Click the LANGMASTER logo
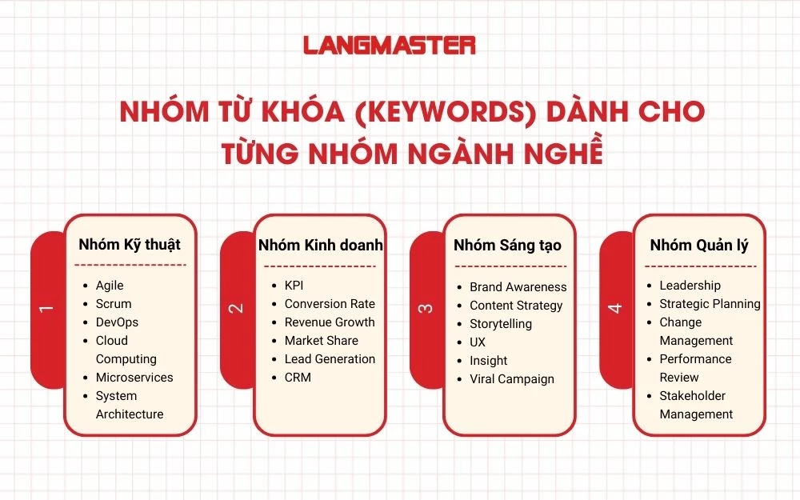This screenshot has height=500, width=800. pyautogui.click(x=390, y=46)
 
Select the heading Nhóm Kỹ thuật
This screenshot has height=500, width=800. pyautogui.click(x=130, y=245)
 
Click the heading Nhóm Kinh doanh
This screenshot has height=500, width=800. pyautogui.click(x=321, y=245)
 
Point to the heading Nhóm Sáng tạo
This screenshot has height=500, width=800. pyautogui.click(x=507, y=246)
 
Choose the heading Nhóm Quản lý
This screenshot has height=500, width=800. pyautogui.click(x=699, y=245)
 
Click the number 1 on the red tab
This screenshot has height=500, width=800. pyautogui.click(x=46, y=307)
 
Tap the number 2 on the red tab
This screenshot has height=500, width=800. pyautogui.click(x=236, y=307)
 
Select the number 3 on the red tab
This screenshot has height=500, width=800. pyautogui.click(x=426, y=307)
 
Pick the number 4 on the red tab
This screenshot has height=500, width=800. pyautogui.click(x=615, y=307)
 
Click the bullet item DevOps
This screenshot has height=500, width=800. pyautogui.click(x=117, y=322)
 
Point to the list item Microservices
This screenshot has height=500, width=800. pyautogui.click(x=134, y=378)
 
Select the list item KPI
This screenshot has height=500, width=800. pyautogui.click(x=294, y=286)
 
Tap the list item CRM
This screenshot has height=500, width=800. pyautogui.click(x=298, y=378)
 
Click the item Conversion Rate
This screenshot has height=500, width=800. pyautogui.click(x=330, y=304)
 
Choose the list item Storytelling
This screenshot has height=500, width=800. pyautogui.click(x=501, y=324)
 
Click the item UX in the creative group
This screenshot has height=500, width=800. pyautogui.click(x=478, y=342)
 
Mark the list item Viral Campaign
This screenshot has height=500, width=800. pyautogui.click(x=512, y=379)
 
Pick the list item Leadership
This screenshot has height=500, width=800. pyautogui.click(x=690, y=286)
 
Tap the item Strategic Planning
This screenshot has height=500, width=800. pyautogui.click(x=710, y=304)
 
